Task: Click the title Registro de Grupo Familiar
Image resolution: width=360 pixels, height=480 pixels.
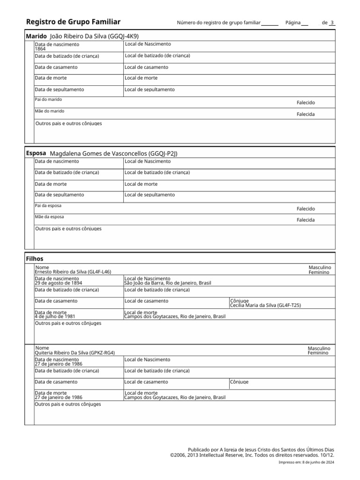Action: click(x=73, y=22)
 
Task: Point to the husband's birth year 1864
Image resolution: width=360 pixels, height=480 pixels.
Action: click(x=40, y=48)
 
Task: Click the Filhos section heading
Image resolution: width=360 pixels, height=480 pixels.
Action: click(x=35, y=259)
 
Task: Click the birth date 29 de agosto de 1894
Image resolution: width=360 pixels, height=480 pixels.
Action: click(x=58, y=283)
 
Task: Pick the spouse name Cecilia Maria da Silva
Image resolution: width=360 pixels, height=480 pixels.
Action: click(x=265, y=305)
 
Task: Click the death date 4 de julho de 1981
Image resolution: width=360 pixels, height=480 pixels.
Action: click(x=55, y=316)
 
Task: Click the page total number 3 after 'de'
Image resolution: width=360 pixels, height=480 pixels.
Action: click(x=332, y=22)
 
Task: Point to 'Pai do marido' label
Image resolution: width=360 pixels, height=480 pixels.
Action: click(x=48, y=99)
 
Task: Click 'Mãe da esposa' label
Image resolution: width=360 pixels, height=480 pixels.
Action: click(x=49, y=217)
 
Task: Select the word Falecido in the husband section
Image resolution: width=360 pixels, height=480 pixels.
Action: click(x=306, y=103)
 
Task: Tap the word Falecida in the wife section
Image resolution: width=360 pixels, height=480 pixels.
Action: click(x=306, y=220)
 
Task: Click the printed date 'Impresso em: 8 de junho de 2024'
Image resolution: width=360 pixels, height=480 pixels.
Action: click(x=306, y=462)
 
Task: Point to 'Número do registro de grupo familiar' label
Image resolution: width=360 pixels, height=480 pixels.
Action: click(x=218, y=23)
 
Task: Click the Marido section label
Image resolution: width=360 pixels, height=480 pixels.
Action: click(x=36, y=36)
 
